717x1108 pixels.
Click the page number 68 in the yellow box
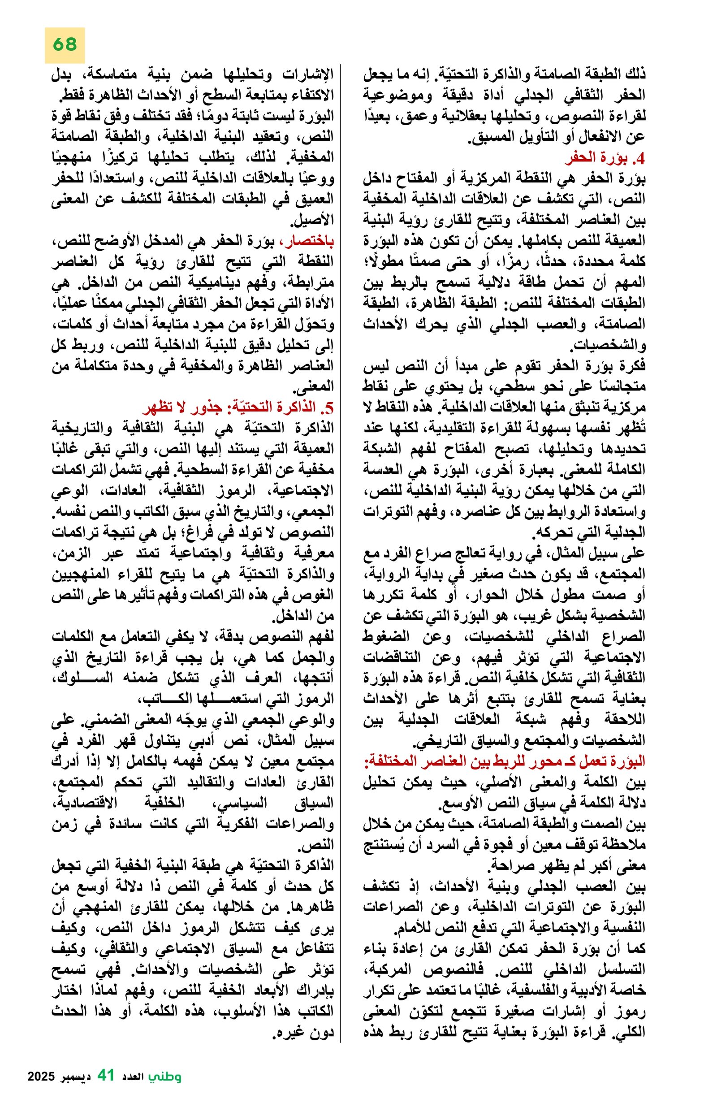65,45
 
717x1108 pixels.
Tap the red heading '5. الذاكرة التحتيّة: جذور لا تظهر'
238,407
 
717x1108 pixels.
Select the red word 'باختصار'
312,241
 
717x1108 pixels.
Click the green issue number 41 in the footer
106,1075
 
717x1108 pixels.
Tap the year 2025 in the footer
41,1077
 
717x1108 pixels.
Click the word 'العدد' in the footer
132,1077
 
